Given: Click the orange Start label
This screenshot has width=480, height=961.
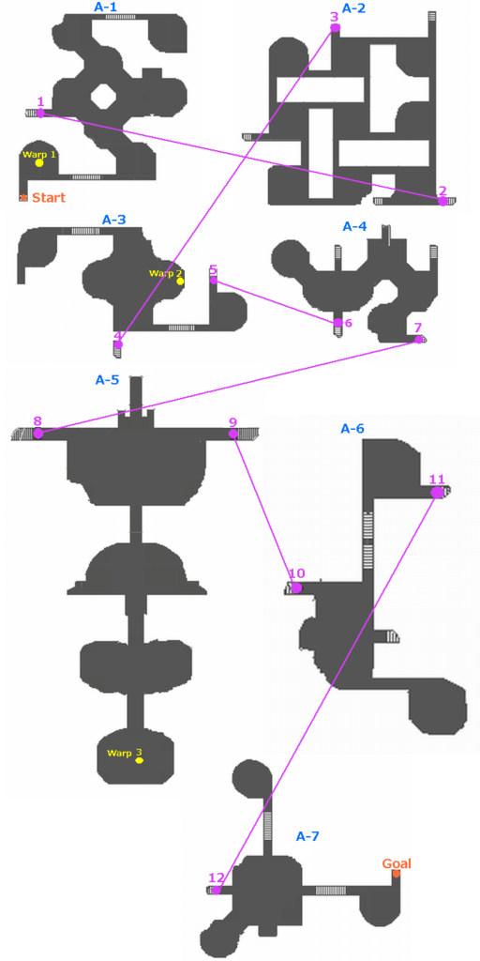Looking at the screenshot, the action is click(49, 197).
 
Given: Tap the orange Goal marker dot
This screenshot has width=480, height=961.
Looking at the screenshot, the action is click(397, 874).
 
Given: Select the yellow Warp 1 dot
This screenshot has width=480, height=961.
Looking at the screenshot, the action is click(39, 163).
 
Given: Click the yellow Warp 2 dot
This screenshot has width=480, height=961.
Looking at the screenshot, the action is click(180, 282).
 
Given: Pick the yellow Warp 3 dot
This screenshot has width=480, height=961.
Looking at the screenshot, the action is click(139, 760).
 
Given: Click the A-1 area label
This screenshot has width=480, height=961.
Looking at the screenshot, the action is click(107, 7).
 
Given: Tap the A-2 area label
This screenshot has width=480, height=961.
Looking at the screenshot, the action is click(354, 8).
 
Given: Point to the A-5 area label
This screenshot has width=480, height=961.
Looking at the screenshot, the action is click(107, 379).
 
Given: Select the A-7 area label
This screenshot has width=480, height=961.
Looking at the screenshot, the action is click(307, 836).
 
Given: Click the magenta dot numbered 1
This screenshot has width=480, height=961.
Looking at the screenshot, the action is click(40, 113).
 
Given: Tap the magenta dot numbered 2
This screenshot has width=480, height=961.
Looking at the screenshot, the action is click(442, 201).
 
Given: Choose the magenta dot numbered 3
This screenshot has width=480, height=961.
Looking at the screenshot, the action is click(335, 27).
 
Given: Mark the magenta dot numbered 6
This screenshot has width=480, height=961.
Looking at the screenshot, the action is click(337, 322).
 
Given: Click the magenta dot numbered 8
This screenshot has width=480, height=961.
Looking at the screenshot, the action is click(37, 434).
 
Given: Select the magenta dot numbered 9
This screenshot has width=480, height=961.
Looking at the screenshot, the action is click(233, 434).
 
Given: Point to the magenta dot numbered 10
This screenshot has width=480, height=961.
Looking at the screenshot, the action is click(296, 587).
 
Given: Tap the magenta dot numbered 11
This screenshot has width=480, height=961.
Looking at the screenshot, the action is click(436, 492).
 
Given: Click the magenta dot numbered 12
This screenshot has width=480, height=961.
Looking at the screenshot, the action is click(216, 890).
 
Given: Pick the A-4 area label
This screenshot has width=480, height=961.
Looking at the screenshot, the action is click(354, 227).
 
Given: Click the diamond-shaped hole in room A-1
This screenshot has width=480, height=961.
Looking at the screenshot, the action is click(101, 95).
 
